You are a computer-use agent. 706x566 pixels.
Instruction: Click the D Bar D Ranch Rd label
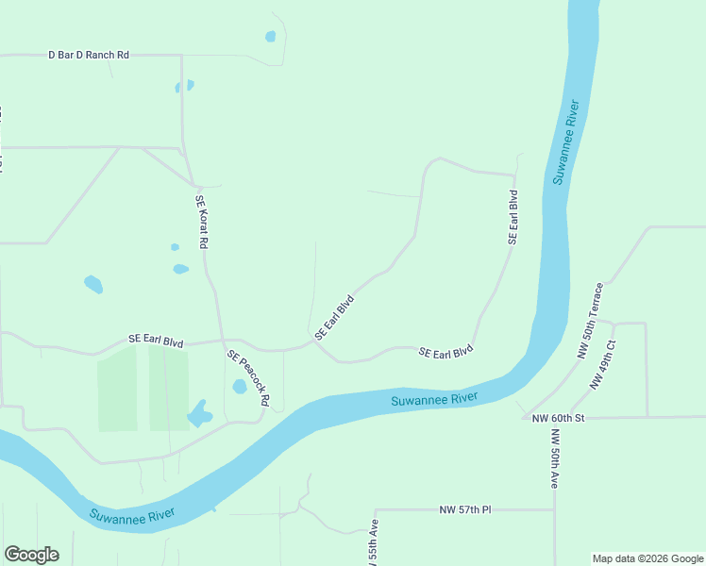89,55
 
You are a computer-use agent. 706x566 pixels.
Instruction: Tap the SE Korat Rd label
201,222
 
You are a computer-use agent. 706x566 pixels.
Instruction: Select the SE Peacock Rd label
248,379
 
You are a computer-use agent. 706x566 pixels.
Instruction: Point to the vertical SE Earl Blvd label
513,218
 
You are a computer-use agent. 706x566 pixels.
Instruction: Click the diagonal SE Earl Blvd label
334,317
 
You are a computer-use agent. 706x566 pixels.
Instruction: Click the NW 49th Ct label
603,365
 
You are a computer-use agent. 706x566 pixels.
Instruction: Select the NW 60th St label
561,418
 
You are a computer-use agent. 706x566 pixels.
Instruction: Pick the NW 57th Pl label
465,509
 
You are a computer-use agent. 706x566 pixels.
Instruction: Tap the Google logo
31,555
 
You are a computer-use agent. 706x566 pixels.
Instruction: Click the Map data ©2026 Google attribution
648,558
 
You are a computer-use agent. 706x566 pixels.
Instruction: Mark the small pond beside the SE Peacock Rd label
240,387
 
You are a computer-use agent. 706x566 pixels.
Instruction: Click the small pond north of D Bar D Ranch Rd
271,37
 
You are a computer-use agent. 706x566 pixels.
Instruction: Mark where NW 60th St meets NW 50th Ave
555,417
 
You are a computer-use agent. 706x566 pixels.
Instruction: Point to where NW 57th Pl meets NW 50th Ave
555,509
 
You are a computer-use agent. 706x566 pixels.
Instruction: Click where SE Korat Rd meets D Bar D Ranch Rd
181,56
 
